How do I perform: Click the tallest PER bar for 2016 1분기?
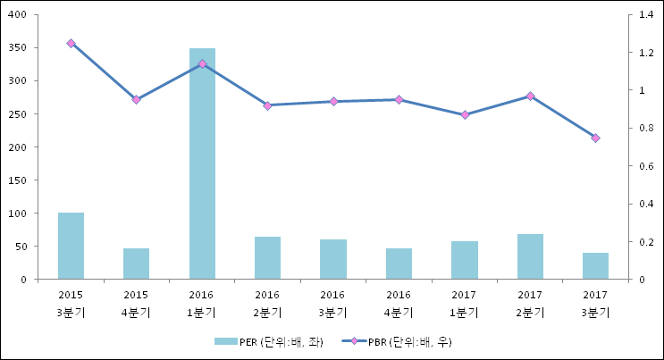point(202,163)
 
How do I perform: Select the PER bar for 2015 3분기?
point(71,246)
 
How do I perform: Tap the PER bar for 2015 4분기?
point(136,264)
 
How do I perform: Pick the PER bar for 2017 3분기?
point(595,266)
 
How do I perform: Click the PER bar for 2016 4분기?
point(399,264)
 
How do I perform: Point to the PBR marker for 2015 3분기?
point(71,43)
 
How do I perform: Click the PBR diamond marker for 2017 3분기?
point(595,138)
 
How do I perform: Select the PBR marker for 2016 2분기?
point(267,105)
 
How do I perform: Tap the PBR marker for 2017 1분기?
point(465,115)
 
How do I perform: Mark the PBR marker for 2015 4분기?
point(136,99)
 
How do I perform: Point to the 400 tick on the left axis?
point(19,15)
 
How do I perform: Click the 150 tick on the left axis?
point(19,180)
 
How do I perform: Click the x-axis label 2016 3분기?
point(332,303)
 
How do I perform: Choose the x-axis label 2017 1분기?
point(464,303)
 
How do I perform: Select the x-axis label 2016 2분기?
point(267,303)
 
